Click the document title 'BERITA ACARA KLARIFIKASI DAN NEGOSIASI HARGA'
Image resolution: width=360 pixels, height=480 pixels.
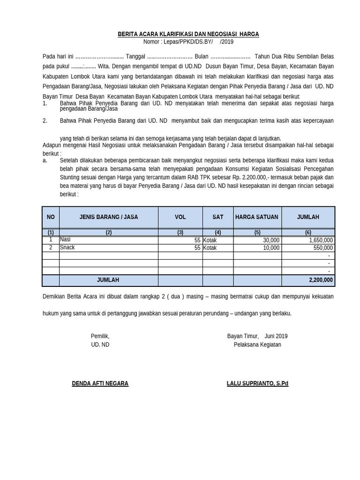coord(187,34)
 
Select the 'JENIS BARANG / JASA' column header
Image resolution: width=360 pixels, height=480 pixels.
coord(109,217)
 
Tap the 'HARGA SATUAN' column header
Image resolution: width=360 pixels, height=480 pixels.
coord(256,217)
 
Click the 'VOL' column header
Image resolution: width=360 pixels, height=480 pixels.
coord(180,217)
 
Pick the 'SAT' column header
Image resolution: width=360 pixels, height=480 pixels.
coord(217,217)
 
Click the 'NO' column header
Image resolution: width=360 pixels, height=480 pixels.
coord(51,217)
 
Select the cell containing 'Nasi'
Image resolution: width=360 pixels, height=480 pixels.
coord(65,240)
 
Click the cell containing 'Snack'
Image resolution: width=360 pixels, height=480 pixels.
coord(67,247)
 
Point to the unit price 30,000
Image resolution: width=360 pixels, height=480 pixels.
coord(271,240)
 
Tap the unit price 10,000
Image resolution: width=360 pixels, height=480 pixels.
coord(271,248)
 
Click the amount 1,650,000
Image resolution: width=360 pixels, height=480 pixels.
coord(321,240)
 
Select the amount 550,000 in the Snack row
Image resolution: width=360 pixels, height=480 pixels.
coord(323,248)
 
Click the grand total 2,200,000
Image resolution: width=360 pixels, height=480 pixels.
coord(321,280)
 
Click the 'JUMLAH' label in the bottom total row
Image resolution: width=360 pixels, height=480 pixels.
coord(108,280)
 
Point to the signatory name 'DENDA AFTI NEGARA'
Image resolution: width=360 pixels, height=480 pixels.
coord(100,383)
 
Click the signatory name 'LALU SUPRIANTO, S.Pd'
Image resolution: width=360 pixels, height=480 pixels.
coord(257,383)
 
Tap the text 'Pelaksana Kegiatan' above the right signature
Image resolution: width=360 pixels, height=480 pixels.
coord(257,345)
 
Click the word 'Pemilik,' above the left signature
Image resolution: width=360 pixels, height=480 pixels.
coord(100,336)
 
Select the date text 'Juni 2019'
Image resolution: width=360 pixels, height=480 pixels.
coord(276,336)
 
